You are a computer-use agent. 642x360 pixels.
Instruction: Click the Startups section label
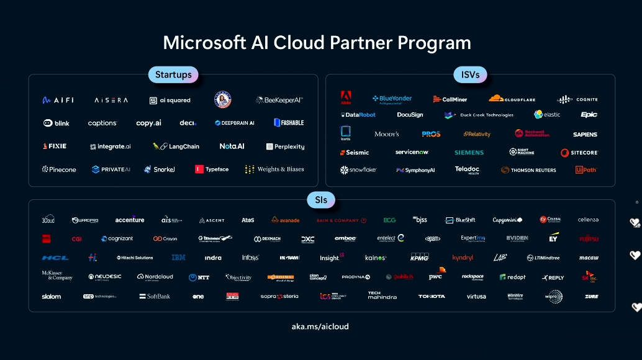(173, 74)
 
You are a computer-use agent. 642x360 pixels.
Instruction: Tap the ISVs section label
(470, 74)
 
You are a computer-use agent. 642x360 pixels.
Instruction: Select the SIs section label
(321, 200)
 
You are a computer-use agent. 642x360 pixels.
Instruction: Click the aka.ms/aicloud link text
(320, 326)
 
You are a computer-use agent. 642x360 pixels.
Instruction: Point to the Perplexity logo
(285, 146)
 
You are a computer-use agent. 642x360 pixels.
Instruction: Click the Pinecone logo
(60, 169)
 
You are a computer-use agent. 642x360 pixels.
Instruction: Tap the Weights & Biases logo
(274, 169)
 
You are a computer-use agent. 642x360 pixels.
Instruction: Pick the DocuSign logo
(410, 115)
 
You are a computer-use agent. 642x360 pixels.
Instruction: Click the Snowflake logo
(358, 169)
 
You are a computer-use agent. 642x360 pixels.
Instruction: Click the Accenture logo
(130, 220)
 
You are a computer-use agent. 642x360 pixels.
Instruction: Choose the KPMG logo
(419, 257)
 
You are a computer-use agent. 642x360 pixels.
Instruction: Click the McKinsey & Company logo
(57, 276)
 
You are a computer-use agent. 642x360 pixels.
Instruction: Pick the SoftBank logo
(155, 296)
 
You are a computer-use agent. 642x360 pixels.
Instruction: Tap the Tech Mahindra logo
(382, 295)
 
